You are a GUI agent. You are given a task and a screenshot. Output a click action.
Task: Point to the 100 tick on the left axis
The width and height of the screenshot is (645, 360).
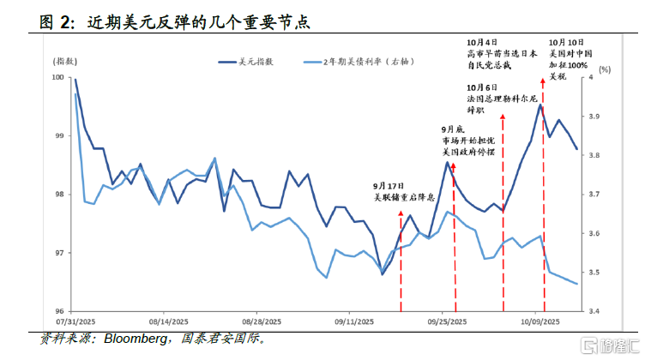59,77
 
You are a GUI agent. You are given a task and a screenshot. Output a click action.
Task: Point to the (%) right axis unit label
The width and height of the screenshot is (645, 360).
605,69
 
